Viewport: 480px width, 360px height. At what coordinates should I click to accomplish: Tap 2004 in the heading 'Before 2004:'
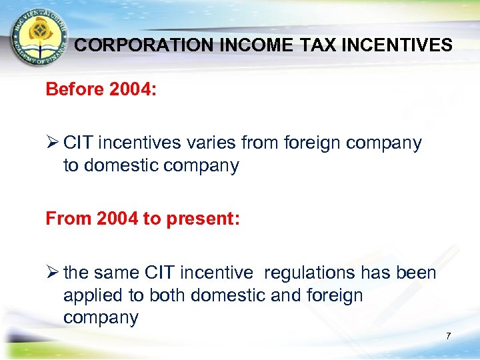click(x=132, y=89)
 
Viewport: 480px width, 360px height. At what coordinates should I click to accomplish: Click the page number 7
click(x=448, y=336)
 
